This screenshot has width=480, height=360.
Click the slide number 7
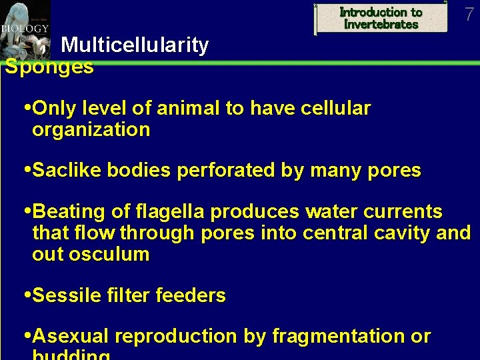tap(469, 13)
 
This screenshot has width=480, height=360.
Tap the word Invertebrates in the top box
tap(381, 25)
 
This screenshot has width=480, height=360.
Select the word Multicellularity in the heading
tap(135, 45)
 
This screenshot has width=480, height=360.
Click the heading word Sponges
tap(49, 67)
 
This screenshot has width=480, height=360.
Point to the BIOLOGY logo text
tap(25, 29)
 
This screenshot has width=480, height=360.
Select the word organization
tap(91, 129)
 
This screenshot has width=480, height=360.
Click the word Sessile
tap(67, 295)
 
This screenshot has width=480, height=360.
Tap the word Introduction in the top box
tap(381, 12)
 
